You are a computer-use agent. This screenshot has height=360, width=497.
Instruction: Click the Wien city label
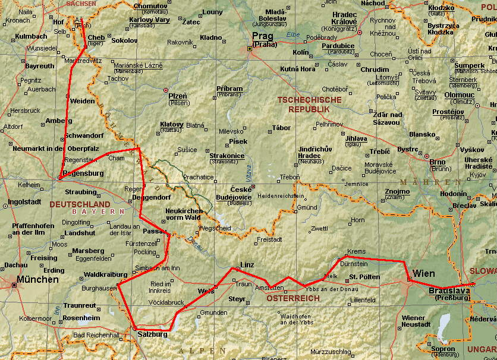[x=424, y=274]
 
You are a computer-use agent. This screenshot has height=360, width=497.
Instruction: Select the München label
[x=38, y=279]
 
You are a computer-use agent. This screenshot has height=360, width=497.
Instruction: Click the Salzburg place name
[x=152, y=334]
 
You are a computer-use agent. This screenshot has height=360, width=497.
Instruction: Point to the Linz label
[x=247, y=264]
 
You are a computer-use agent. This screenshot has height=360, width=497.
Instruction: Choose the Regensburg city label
[x=83, y=173]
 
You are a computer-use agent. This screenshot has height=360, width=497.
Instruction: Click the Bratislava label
[x=449, y=290]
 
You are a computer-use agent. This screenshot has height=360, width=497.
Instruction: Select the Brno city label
[x=437, y=162]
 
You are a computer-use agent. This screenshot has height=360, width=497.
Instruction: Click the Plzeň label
[x=177, y=96]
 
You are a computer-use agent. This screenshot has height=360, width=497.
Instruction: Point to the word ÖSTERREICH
[x=293, y=298]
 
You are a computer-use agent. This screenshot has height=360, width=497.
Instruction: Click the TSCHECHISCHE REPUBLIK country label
[x=309, y=105]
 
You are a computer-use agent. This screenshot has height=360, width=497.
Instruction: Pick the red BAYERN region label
[x=98, y=211]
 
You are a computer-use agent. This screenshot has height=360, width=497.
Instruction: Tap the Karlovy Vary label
[x=149, y=20]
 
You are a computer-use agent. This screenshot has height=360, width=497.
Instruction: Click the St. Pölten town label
[x=360, y=277]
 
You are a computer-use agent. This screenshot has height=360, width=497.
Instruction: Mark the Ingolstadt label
[x=24, y=201]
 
